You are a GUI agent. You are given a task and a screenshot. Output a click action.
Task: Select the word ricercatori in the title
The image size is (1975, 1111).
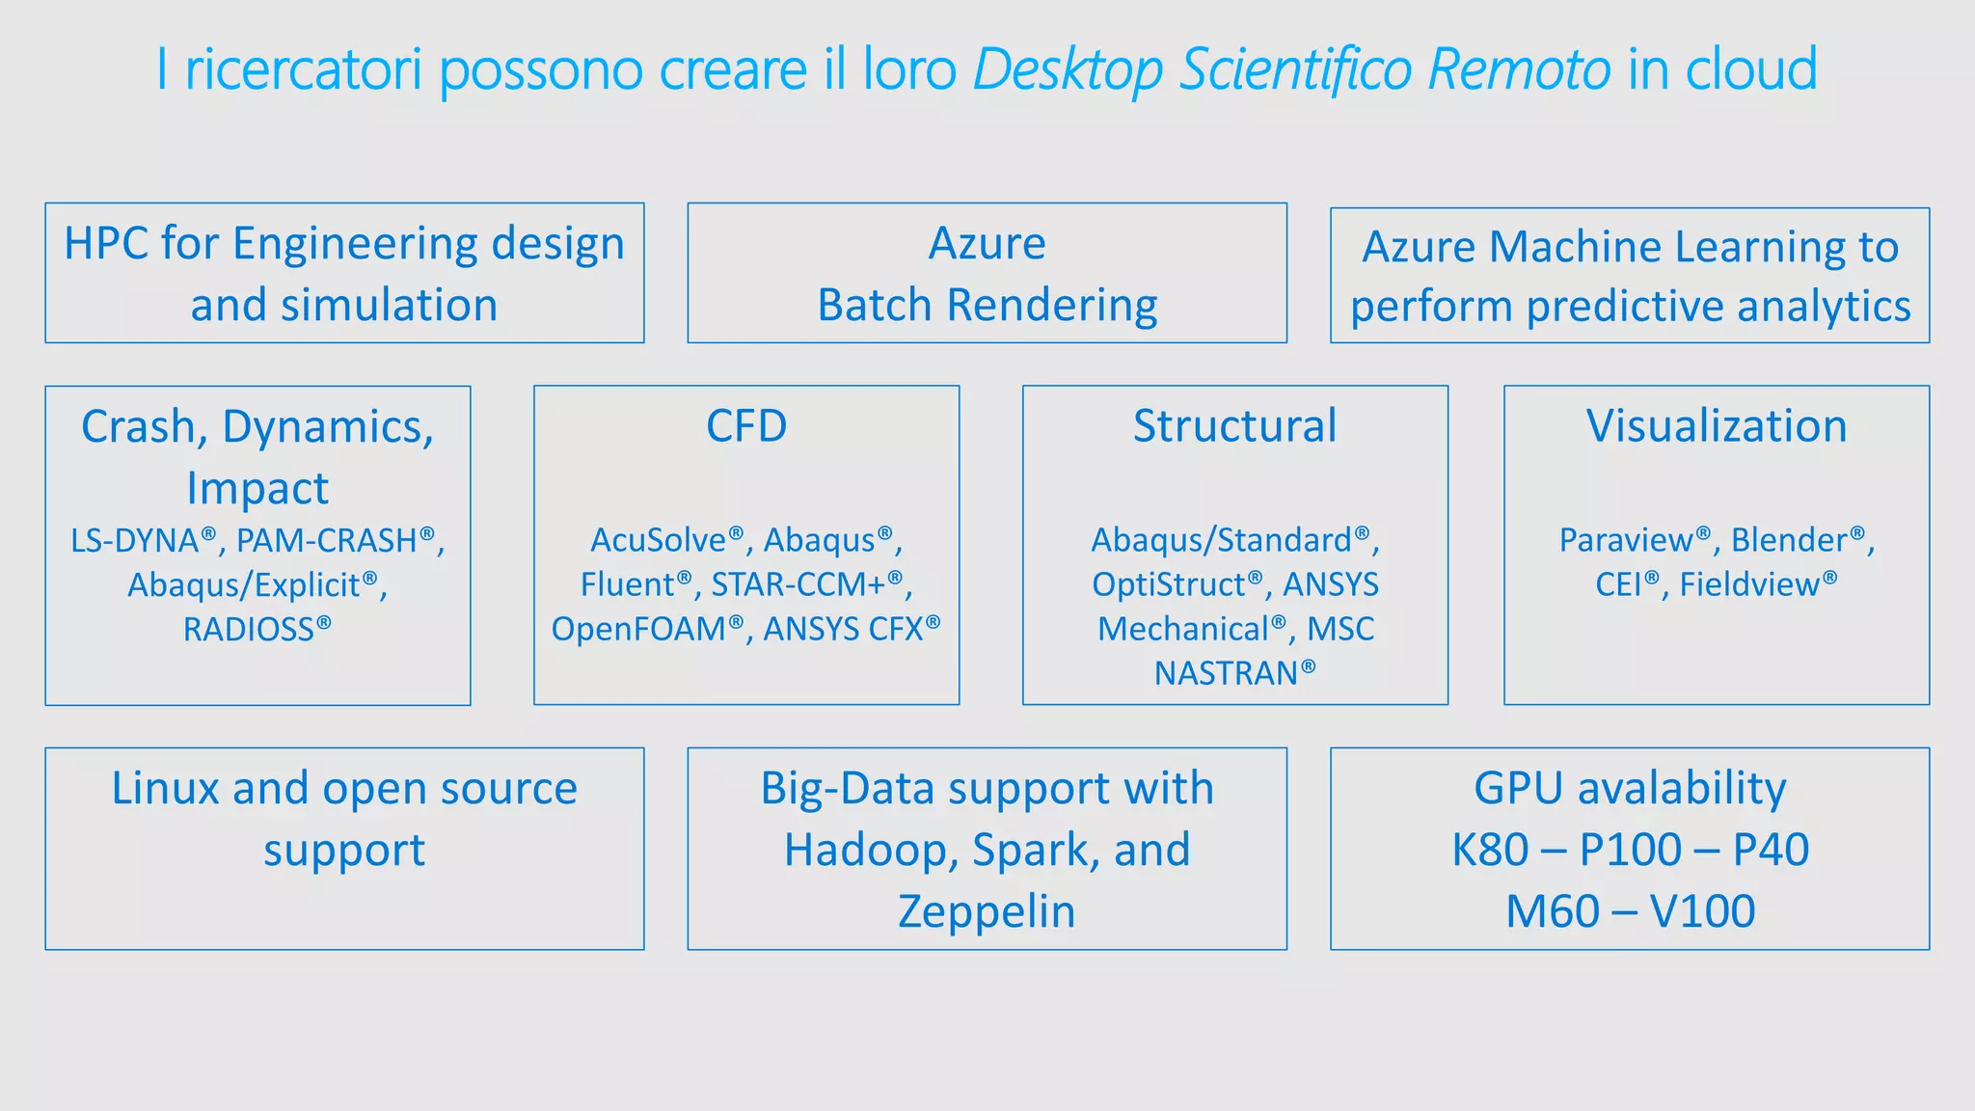point(304,69)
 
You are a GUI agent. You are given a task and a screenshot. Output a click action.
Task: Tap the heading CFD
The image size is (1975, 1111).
point(746,426)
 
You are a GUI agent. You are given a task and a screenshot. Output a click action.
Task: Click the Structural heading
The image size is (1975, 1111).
point(1234,426)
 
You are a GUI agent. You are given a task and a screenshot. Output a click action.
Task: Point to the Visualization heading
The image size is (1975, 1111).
point(1717,426)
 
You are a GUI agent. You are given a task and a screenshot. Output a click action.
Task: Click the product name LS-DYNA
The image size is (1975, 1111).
point(135,541)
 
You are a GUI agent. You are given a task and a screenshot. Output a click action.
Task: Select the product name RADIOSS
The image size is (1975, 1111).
point(249,630)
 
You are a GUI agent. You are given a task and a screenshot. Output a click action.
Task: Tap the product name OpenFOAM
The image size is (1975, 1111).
point(638,630)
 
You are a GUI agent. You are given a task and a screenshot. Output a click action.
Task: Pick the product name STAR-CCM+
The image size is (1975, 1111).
point(798,585)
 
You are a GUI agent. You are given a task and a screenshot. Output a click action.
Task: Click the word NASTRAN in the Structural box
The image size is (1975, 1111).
point(1227,673)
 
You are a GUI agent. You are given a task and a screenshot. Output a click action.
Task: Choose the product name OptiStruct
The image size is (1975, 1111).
point(1169,585)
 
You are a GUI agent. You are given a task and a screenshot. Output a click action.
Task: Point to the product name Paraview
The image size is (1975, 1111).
point(1626,541)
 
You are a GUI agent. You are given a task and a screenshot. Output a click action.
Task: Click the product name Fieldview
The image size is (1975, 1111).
point(1750,585)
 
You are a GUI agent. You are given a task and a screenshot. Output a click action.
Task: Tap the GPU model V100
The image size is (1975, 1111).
point(1702,911)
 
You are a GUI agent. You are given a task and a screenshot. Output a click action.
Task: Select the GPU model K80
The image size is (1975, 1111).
point(1490,850)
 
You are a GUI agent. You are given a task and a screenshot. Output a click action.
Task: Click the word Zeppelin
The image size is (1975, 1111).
point(987,911)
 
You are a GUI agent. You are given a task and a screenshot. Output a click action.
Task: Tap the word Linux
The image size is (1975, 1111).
point(165,789)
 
